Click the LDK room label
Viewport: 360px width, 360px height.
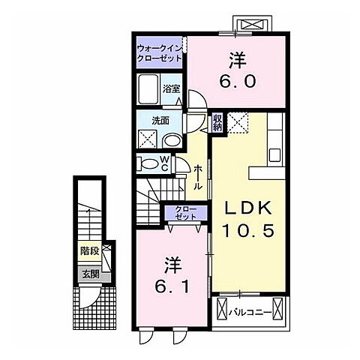tap(248, 208)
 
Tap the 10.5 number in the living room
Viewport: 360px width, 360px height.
tap(248, 230)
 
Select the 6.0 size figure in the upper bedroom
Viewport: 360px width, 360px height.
tap(238, 81)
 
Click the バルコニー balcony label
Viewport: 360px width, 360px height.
tap(250, 313)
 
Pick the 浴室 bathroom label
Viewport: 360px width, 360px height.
tap(171, 88)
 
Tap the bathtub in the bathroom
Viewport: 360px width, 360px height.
tap(148, 88)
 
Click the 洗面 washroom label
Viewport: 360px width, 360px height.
tap(160, 121)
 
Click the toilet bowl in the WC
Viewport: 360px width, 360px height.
tap(149, 164)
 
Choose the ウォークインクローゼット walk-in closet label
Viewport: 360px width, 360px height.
tap(160, 52)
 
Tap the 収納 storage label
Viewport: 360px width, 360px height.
tap(217, 123)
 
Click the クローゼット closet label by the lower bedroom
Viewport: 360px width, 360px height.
tap(186, 213)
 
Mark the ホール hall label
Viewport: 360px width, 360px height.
tap(198, 177)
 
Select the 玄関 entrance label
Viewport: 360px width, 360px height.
tap(91, 274)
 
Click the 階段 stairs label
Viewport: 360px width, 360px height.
tap(90, 250)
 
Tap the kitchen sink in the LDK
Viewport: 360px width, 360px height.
tap(275, 155)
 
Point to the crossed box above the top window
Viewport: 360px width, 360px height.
tap(252, 25)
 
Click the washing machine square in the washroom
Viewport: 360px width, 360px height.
tap(148, 139)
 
